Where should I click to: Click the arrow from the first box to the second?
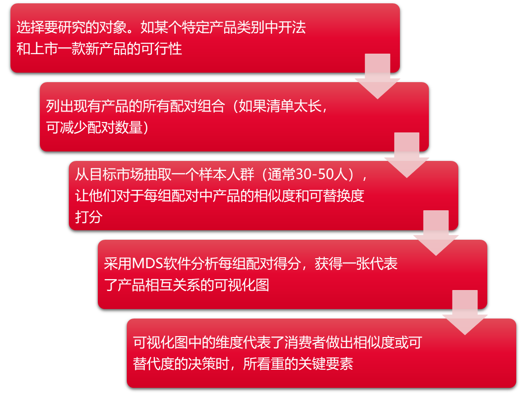pyautogui.click(x=378, y=76)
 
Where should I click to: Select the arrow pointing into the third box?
pyautogui.click(x=407, y=155)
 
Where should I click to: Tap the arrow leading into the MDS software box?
pyautogui.click(x=436, y=233)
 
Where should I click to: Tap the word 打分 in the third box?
pyautogui.click(x=89, y=217)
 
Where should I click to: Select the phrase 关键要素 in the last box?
pyautogui.click(x=326, y=364)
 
